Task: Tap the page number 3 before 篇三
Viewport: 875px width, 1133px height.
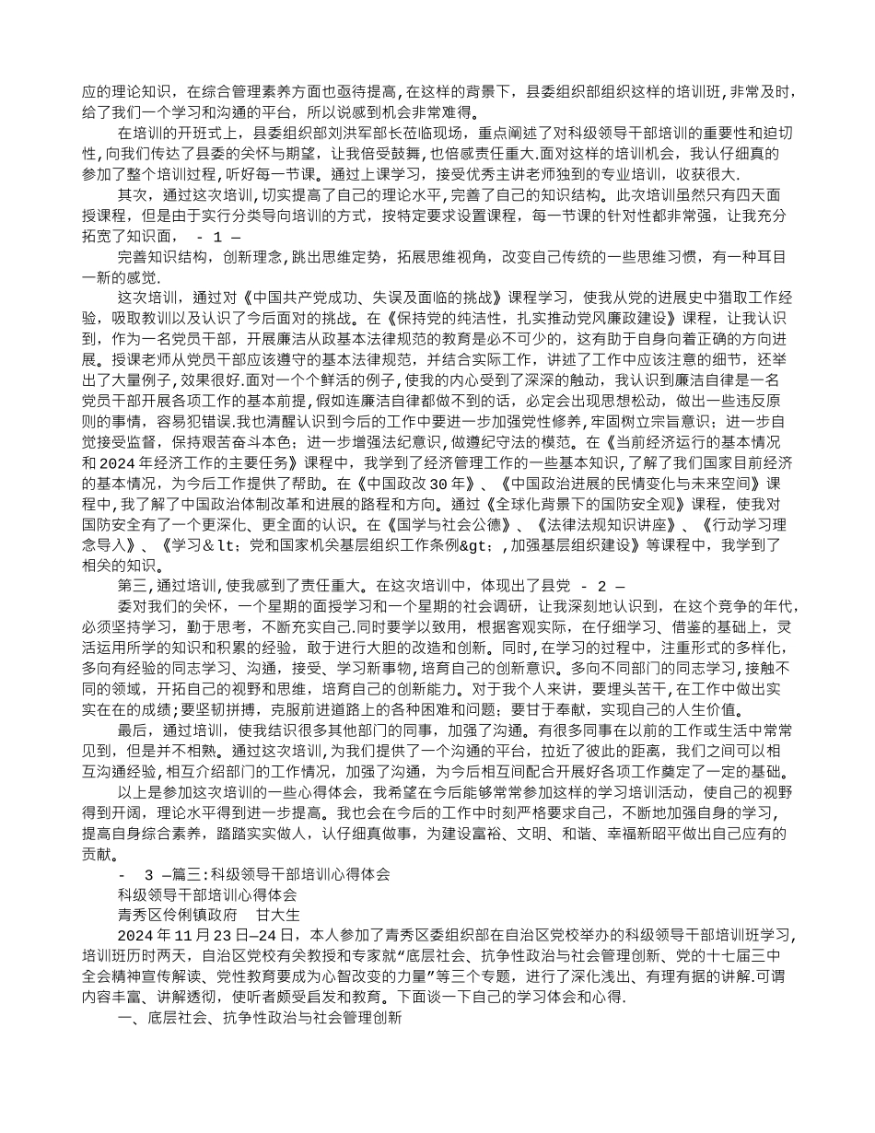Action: (x=150, y=873)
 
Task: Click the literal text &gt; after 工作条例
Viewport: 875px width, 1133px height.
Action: (x=483, y=544)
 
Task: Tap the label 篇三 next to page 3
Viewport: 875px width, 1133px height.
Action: (x=192, y=873)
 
